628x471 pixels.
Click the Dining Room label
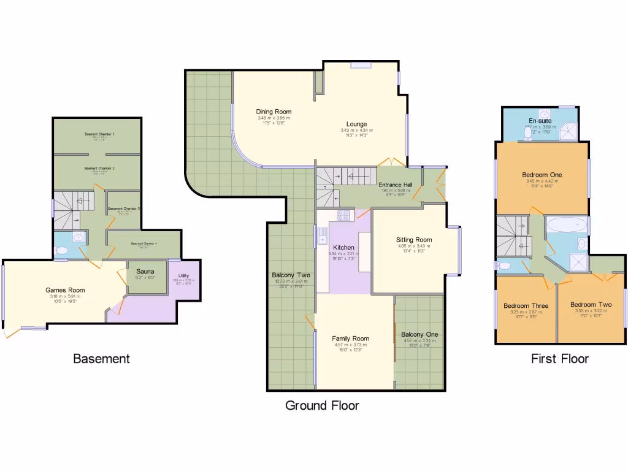[x=274, y=112]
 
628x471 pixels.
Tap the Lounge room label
[x=356, y=124]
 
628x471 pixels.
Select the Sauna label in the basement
[x=145, y=271]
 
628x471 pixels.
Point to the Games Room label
[x=65, y=290]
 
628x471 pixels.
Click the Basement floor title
[x=101, y=359]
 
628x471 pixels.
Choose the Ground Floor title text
[x=322, y=405]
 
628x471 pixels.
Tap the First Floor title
[x=559, y=359]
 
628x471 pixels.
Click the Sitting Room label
[x=413, y=240]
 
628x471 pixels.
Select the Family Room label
[x=350, y=339]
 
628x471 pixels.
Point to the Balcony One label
[x=419, y=334]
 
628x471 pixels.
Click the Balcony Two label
[x=292, y=275]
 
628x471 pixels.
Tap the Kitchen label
[x=339, y=248]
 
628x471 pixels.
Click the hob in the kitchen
[x=343, y=215]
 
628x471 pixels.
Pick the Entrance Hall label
[x=395, y=185]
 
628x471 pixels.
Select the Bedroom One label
[x=542, y=175]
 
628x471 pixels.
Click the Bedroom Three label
[x=526, y=305]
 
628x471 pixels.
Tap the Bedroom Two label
[x=591, y=304]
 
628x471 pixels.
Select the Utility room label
[x=184, y=276]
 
